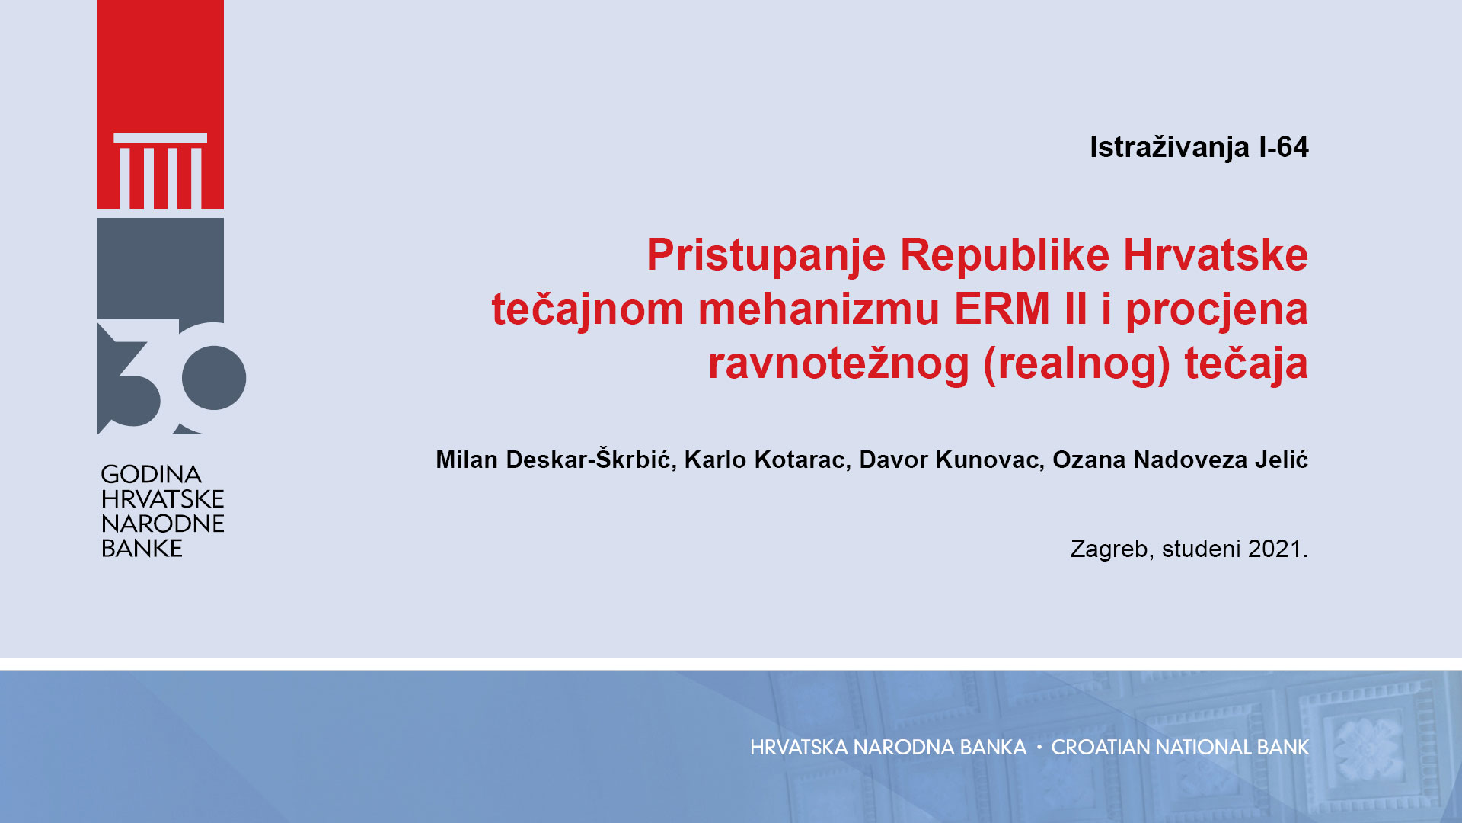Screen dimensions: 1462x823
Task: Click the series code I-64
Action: pyautogui.click(x=1284, y=147)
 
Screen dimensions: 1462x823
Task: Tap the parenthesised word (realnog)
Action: pyautogui.click(x=1077, y=364)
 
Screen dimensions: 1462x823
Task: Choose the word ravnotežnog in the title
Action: pyautogui.click(x=838, y=364)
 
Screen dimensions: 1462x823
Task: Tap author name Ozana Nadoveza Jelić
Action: pyautogui.click(x=1180, y=460)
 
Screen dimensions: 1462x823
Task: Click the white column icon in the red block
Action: pyautogui.click(x=161, y=171)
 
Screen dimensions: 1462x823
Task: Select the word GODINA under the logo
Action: pyautogui.click(x=152, y=474)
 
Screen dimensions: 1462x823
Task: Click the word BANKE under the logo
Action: pyautogui.click(x=142, y=548)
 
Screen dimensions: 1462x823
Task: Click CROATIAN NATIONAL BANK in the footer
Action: pyautogui.click(x=1180, y=748)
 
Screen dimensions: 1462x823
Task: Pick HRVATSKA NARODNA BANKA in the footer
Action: pyautogui.click(x=888, y=748)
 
